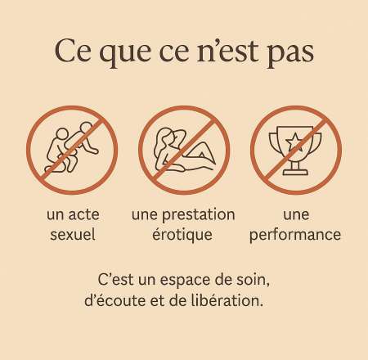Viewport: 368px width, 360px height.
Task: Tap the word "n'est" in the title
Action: [x=227, y=51]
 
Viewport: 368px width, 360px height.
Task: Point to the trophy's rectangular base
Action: [x=296, y=173]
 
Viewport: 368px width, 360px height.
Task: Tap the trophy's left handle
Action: [x=274, y=142]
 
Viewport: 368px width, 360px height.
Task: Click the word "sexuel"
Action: [x=73, y=235]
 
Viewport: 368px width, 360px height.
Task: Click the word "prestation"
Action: [x=199, y=215]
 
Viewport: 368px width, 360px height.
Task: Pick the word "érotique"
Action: [x=182, y=235]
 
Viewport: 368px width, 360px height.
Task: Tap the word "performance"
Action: [x=295, y=236]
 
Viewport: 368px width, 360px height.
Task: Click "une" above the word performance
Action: [x=296, y=215]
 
